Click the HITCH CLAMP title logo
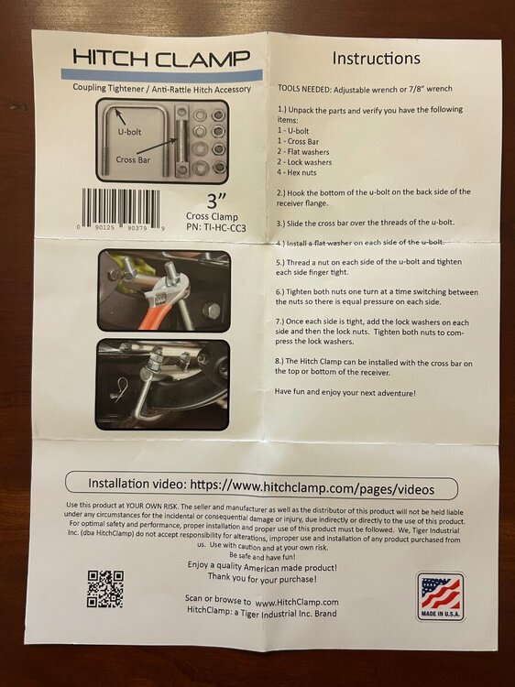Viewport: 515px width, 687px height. pyautogui.click(x=161, y=58)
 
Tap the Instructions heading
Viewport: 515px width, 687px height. pyautogui.click(x=376, y=58)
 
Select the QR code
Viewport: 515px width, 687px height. pyautogui.click(x=105, y=588)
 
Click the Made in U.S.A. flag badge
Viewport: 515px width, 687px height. pyautogui.click(x=441, y=596)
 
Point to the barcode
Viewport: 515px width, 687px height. pyautogui.click(x=121, y=208)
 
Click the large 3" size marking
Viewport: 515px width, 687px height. pyautogui.click(x=216, y=201)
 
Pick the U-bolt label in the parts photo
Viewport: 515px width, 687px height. pyautogui.click(x=130, y=131)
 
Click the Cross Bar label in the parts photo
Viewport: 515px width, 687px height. pyautogui.click(x=133, y=160)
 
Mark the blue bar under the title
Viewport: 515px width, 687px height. pyautogui.click(x=162, y=74)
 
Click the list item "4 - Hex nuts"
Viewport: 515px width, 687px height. pyautogui.click(x=296, y=172)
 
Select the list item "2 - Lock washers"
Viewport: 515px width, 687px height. pyautogui.click(x=304, y=161)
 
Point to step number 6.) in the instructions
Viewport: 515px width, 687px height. pyautogui.click(x=280, y=292)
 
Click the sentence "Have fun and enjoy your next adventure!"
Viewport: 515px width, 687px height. pyautogui.click(x=345, y=392)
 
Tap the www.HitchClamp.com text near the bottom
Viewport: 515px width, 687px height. pyautogui.click(x=297, y=602)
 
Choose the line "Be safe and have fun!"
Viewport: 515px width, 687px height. pyautogui.click(x=262, y=556)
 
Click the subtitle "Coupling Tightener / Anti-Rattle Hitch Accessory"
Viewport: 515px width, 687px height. pyautogui.click(x=161, y=89)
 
